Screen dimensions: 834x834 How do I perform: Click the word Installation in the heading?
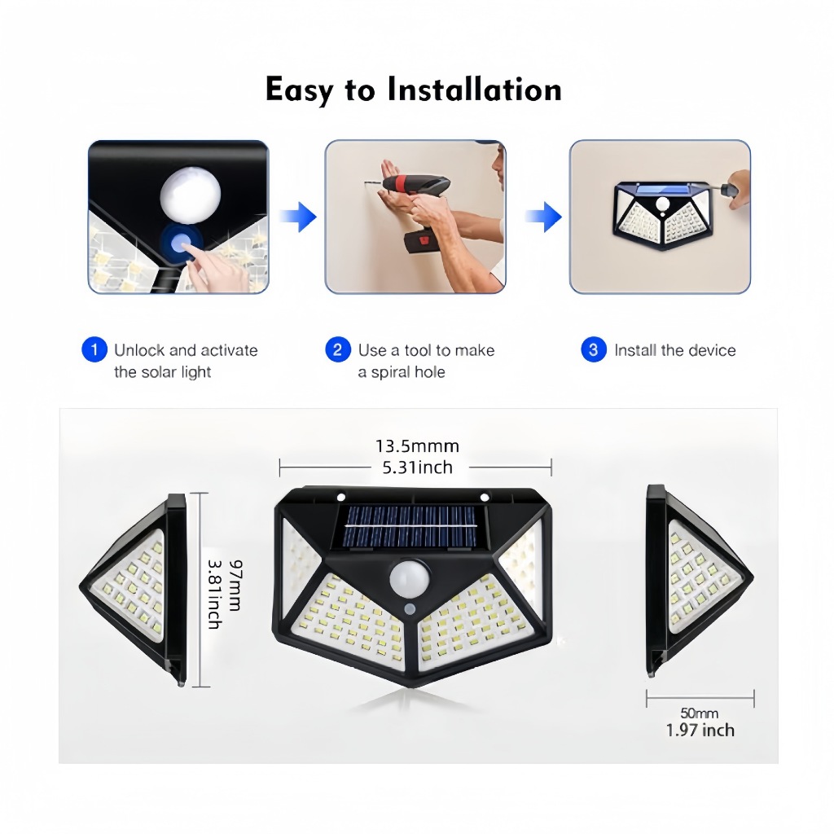tap(474, 89)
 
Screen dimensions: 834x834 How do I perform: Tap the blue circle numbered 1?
tap(94, 350)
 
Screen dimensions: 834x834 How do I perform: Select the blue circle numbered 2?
tap(338, 350)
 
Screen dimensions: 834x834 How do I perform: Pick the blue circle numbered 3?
tap(594, 350)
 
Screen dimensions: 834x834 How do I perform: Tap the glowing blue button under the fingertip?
tap(182, 243)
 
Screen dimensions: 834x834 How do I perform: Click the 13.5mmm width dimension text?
tap(418, 446)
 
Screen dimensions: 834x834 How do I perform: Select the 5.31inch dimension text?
tap(418, 467)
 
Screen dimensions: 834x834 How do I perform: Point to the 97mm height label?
tap(235, 585)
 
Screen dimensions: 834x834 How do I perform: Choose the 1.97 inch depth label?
tap(700, 730)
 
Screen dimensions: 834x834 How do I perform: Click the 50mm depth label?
tap(700, 713)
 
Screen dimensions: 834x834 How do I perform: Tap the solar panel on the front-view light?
tap(409, 527)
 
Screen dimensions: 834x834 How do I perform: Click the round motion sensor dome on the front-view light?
tap(410, 578)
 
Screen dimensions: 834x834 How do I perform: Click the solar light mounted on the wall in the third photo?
tap(663, 215)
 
